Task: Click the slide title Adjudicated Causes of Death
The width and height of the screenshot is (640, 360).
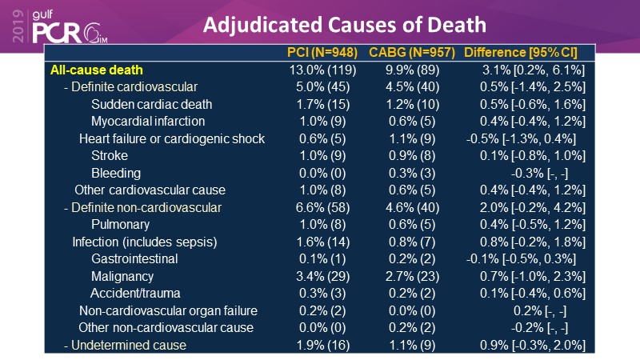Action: tap(344, 25)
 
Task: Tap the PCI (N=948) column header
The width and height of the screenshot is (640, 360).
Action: tap(322, 53)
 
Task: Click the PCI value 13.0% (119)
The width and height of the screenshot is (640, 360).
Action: tap(322, 70)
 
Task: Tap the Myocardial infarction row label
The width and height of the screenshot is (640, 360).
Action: tap(148, 122)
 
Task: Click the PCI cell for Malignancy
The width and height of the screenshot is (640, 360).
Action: tap(322, 276)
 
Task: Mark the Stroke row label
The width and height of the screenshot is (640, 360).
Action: tap(110, 156)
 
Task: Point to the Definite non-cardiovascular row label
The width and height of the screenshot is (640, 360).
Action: tap(142, 208)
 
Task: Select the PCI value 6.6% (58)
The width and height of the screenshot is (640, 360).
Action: tap(322, 208)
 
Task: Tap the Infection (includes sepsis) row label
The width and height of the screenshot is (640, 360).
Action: tap(145, 242)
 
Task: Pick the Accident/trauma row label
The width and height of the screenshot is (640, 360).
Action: tap(135, 294)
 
